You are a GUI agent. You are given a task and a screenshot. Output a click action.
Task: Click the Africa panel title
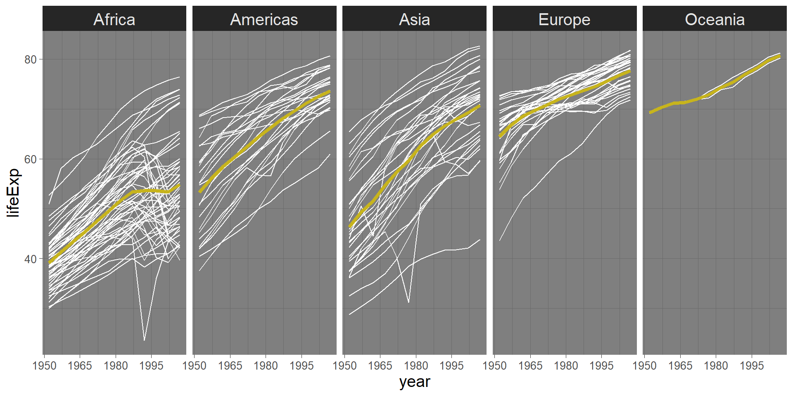pyautogui.click(x=114, y=19)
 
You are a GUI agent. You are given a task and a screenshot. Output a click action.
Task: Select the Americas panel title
pyautogui.click(x=264, y=19)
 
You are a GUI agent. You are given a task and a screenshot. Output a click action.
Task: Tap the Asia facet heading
pyautogui.click(x=414, y=19)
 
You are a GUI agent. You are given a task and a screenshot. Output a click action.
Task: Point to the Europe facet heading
pyautogui.click(x=564, y=19)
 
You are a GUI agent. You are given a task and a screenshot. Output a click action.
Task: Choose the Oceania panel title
pyautogui.click(x=715, y=19)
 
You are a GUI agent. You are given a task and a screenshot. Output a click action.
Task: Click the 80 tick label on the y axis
pyautogui.click(x=30, y=59)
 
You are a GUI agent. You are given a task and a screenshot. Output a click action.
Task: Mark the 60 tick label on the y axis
pyautogui.click(x=30, y=159)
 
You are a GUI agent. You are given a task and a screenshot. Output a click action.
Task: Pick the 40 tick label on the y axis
pyautogui.click(x=30, y=259)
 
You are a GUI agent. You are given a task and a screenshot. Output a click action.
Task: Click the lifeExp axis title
pyautogui.click(x=14, y=193)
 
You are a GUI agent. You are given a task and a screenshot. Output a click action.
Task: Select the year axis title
pyautogui.click(x=415, y=382)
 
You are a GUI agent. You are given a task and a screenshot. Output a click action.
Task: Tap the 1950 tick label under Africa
pyautogui.click(x=44, y=366)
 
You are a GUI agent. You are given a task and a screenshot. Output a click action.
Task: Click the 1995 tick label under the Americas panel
pyautogui.click(x=302, y=366)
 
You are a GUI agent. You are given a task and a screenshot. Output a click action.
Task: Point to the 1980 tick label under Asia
pyautogui.click(x=416, y=366)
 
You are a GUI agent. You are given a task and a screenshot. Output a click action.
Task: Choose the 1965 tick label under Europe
pyautogui.click(x=530, y=366)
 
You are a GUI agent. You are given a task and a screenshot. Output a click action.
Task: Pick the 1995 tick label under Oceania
pyautogui.click(x=752, y=366)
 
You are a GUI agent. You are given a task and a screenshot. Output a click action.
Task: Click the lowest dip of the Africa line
pyautogui.click(x=144, y=340)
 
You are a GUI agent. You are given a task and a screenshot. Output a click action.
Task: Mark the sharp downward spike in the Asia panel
pyautogui.click(x=408, y=302)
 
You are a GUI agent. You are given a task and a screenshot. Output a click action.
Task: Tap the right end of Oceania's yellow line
pyautogui.click(x=780, y=55)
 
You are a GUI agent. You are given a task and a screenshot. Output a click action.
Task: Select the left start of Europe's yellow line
pyautogui.click(x=499, y=136)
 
